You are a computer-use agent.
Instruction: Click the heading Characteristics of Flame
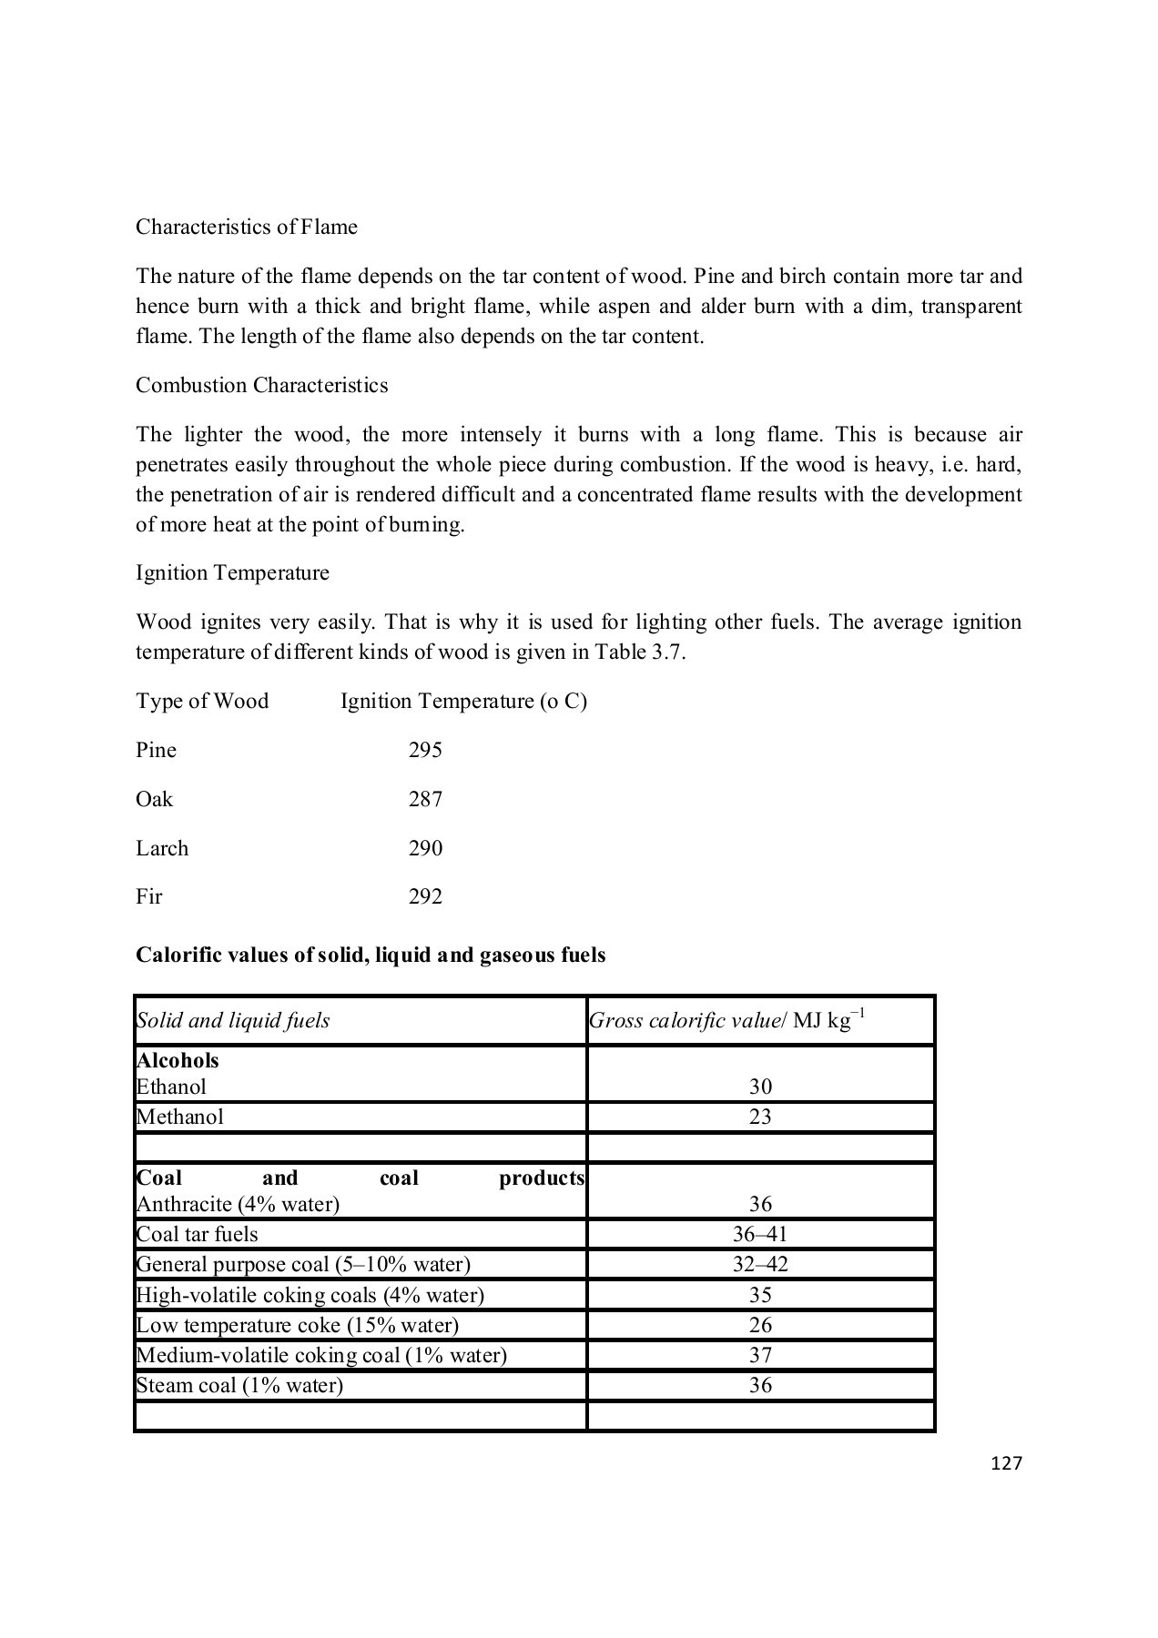pos(246,227)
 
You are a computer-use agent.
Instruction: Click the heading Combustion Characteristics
pos(261,385)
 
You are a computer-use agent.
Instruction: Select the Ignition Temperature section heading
pos(232,572)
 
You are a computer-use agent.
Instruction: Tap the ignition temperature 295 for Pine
pos(425,750)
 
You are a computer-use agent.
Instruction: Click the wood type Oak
pos(154,799)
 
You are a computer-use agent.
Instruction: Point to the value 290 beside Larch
pos(425,848)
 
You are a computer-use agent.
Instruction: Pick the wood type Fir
pos(148,896)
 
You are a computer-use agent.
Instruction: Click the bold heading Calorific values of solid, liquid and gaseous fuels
pos(371,955)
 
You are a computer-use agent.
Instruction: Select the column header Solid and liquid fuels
pos(233,1020)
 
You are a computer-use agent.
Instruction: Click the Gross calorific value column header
pos(726,1020)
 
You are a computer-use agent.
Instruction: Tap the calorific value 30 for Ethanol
pos(760,1087)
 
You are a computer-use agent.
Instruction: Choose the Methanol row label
pos(179,1117)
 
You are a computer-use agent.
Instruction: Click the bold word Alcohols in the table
pos(178,1060)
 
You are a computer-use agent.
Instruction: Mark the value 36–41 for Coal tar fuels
pos(760,1234)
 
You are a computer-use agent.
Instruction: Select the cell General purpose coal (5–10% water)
pos(303,1264)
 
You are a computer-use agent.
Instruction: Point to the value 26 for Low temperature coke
pos(760,1325)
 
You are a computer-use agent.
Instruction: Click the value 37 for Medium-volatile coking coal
pos(760,1355)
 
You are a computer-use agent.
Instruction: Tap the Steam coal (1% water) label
pos(239,1385)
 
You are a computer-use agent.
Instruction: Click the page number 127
pos(1006,1463)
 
